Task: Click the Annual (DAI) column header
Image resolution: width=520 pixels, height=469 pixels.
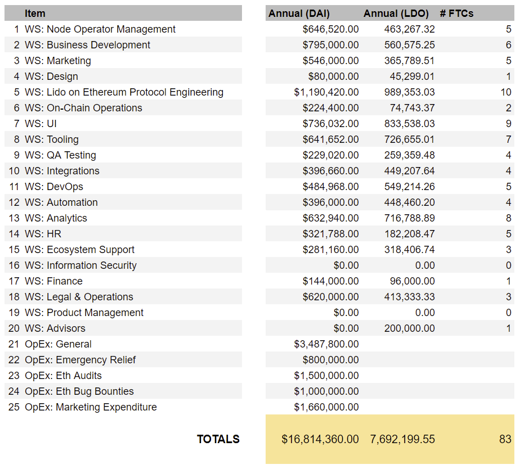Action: click(x=299, y=13)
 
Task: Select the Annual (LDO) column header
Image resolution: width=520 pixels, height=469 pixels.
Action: click(x=396, y=13)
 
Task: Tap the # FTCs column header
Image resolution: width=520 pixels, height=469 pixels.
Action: click(x=456, y=13)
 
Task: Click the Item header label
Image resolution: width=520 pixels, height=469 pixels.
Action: click(x=35, y=13)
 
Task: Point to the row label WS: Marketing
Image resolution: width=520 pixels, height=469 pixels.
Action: click(x=57, y=61)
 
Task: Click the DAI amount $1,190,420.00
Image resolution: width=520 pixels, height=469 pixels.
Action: click(x=326, y=92)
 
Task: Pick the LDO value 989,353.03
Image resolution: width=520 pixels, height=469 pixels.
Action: click(x=409, y=92)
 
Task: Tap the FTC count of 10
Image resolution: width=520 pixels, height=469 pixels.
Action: click(x=506, y=92)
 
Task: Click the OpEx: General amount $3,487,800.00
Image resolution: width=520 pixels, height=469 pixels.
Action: click(x=326, y=344)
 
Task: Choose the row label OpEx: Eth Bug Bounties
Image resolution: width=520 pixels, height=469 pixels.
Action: click(x=79, y=391)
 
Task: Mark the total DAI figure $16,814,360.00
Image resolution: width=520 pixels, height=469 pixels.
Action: click(x=319, y=439)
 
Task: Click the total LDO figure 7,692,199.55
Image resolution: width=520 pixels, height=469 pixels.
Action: click(x=402, y=439)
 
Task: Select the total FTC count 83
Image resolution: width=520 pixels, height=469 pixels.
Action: click(x=505, y=439)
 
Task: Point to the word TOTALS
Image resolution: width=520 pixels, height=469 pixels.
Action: click(x=218, y=439)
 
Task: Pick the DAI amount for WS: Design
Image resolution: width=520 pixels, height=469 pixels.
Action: click(x=333, y=76)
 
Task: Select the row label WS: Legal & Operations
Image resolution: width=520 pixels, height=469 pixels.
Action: click(x=79, y=297)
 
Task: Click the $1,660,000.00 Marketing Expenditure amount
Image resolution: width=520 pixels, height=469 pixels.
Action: click(x=326, y=407)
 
